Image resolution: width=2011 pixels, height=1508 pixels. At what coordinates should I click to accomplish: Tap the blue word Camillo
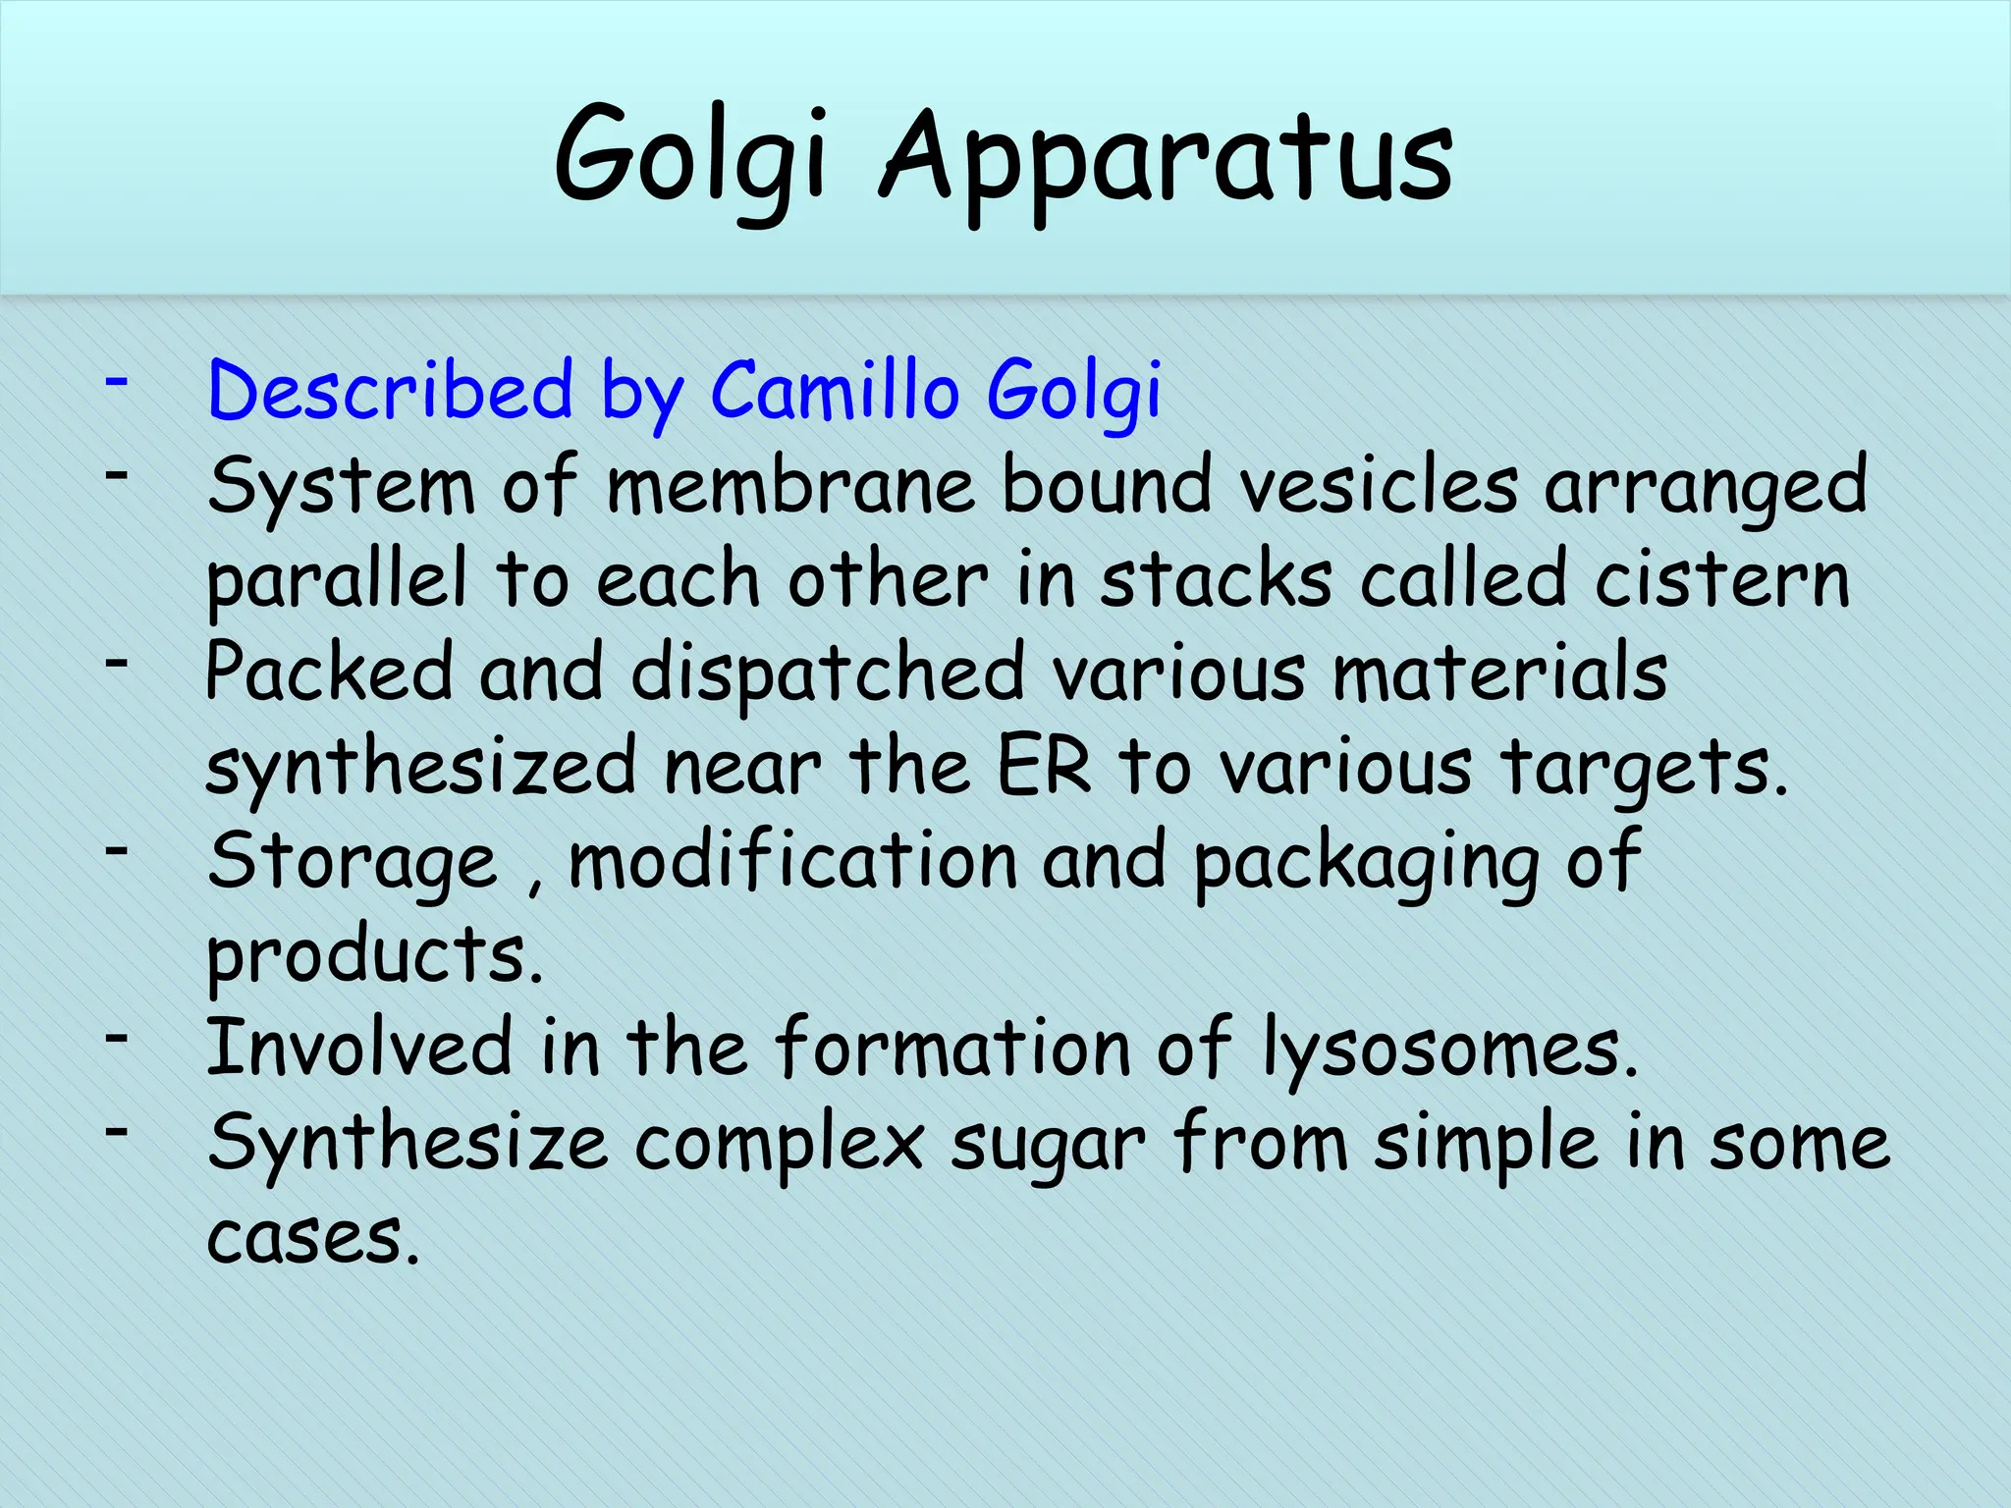[834, 391]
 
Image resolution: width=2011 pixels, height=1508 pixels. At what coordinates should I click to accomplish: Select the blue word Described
[390, 391]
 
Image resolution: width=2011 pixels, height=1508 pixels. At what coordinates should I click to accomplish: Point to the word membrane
[791, 485]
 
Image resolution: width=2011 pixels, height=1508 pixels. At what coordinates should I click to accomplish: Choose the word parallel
[336, 579]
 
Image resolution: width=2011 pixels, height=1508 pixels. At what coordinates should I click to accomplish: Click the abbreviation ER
[1044, 767]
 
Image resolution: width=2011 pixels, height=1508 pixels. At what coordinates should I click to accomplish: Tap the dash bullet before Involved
[118, 1037]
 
